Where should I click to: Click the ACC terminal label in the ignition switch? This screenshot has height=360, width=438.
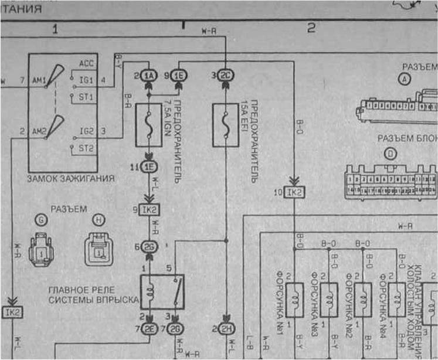tap(86, 63)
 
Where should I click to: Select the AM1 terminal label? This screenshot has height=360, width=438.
tap(40, 79)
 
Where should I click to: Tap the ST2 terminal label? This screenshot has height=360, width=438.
tap(86, 148)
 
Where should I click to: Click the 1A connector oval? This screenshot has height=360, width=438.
tap(149, 75)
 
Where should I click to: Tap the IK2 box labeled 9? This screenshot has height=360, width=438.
tap(149, 209)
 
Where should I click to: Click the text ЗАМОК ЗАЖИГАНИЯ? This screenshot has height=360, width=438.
tap(71, 178)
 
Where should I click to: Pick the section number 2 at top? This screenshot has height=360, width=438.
tap(311, 28)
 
